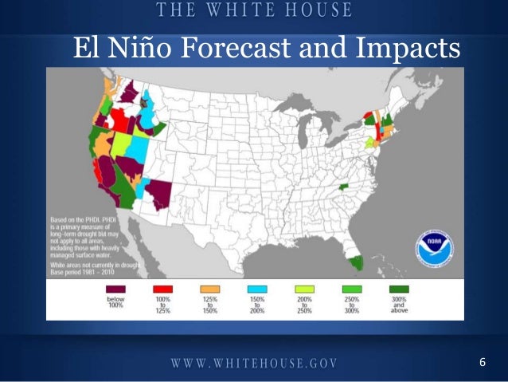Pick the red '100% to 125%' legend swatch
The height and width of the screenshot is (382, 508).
click(163, 289)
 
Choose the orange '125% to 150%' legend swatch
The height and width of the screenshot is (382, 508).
click(210, 289)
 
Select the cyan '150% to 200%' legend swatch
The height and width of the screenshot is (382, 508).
click(257, 289)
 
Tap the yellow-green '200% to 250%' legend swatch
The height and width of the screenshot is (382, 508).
click(304, 289)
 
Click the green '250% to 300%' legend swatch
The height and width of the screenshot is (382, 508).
click(351, 289)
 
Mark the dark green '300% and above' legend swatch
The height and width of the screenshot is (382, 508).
click(398, 289)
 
